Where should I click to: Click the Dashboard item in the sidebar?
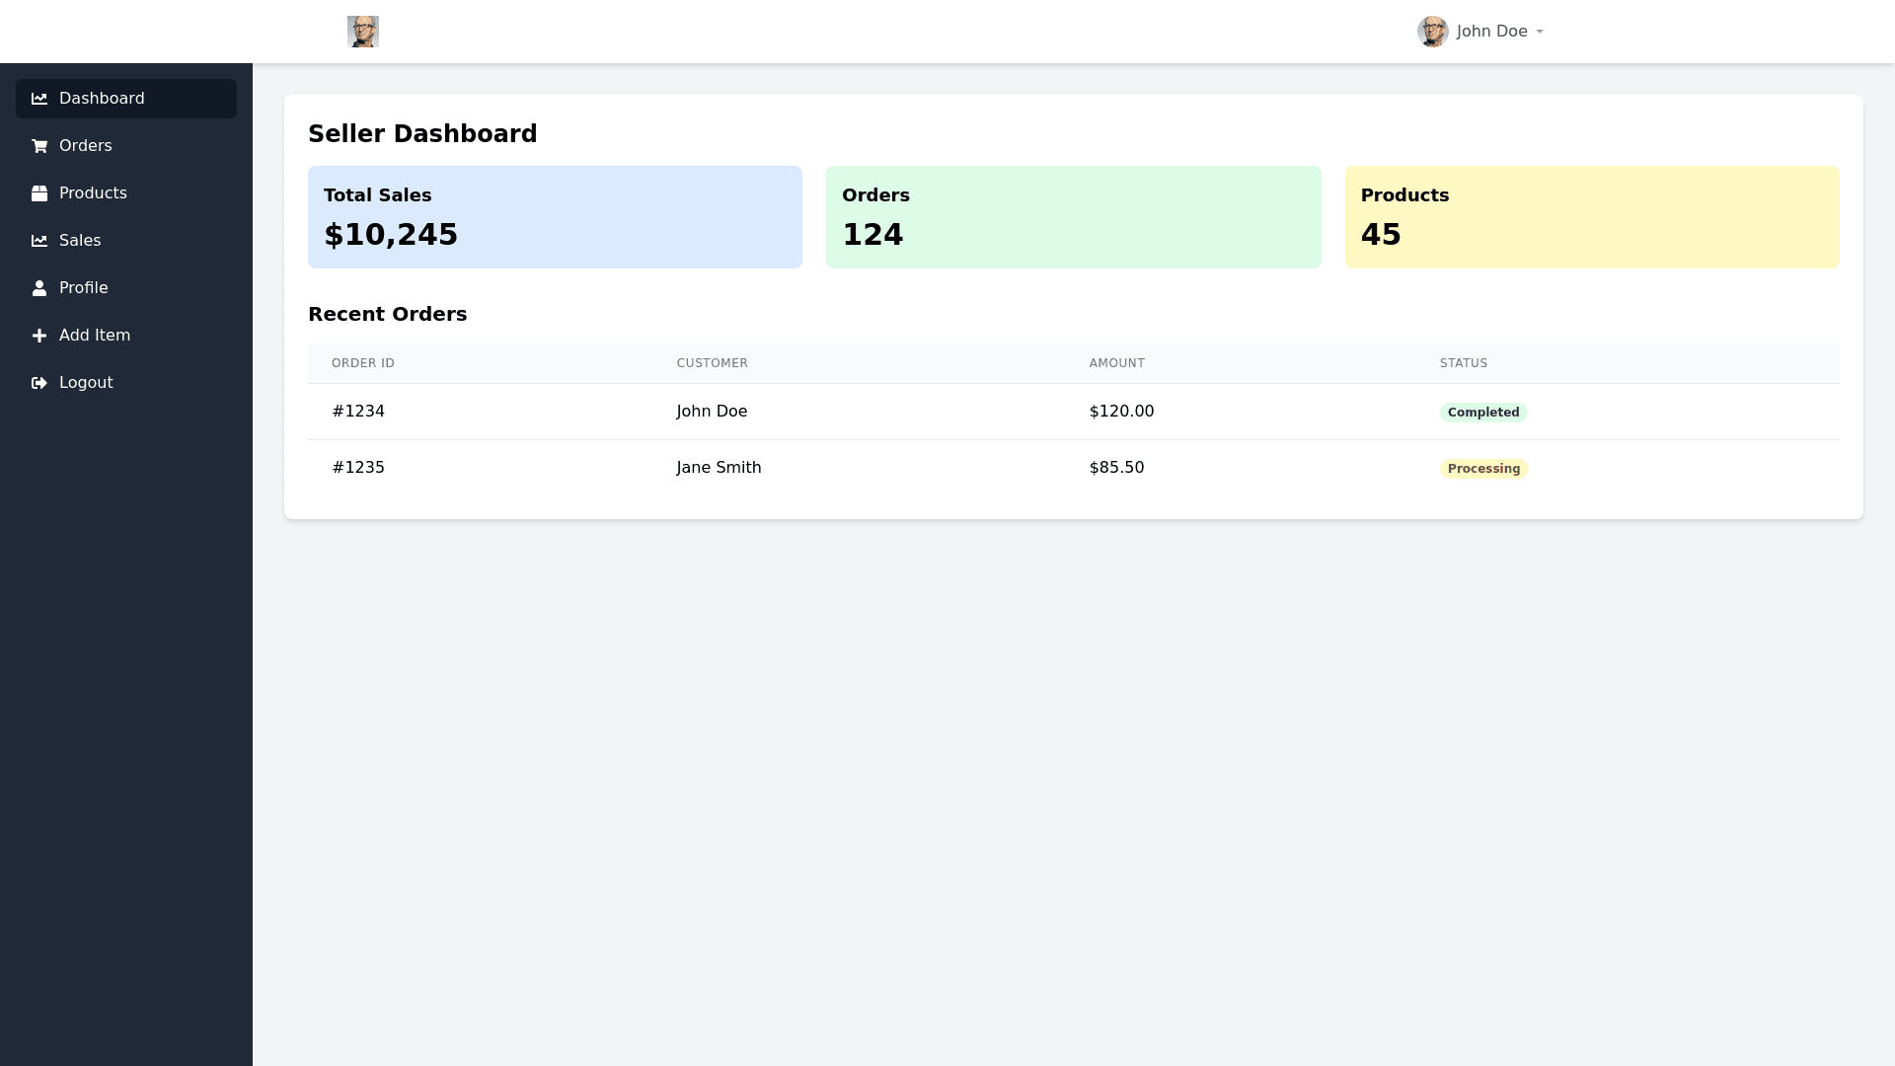(102, 99)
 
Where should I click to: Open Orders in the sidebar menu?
(86, 146)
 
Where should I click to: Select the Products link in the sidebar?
(93, 193)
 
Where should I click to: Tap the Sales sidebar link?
(80, 241)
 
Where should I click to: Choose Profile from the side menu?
(84, 288)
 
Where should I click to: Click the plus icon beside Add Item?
(39, 336)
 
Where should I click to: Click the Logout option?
(86, 383)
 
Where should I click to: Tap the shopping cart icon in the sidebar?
(39, 146)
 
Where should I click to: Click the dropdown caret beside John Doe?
(1540, 32)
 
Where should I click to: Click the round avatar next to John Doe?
(1432, 32)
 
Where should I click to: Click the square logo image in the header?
(363, 32)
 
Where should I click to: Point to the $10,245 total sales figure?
(391, 235)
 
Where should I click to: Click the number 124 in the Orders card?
(872, 235)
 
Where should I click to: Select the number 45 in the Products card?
(1381, 235)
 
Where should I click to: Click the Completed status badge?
(1483, 413)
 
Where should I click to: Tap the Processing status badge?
(1483, 469)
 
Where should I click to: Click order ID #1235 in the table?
(358, 468)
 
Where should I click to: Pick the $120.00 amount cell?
(1121, 412)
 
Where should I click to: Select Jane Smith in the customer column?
(719, 468)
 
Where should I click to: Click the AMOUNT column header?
(1116, 363)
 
